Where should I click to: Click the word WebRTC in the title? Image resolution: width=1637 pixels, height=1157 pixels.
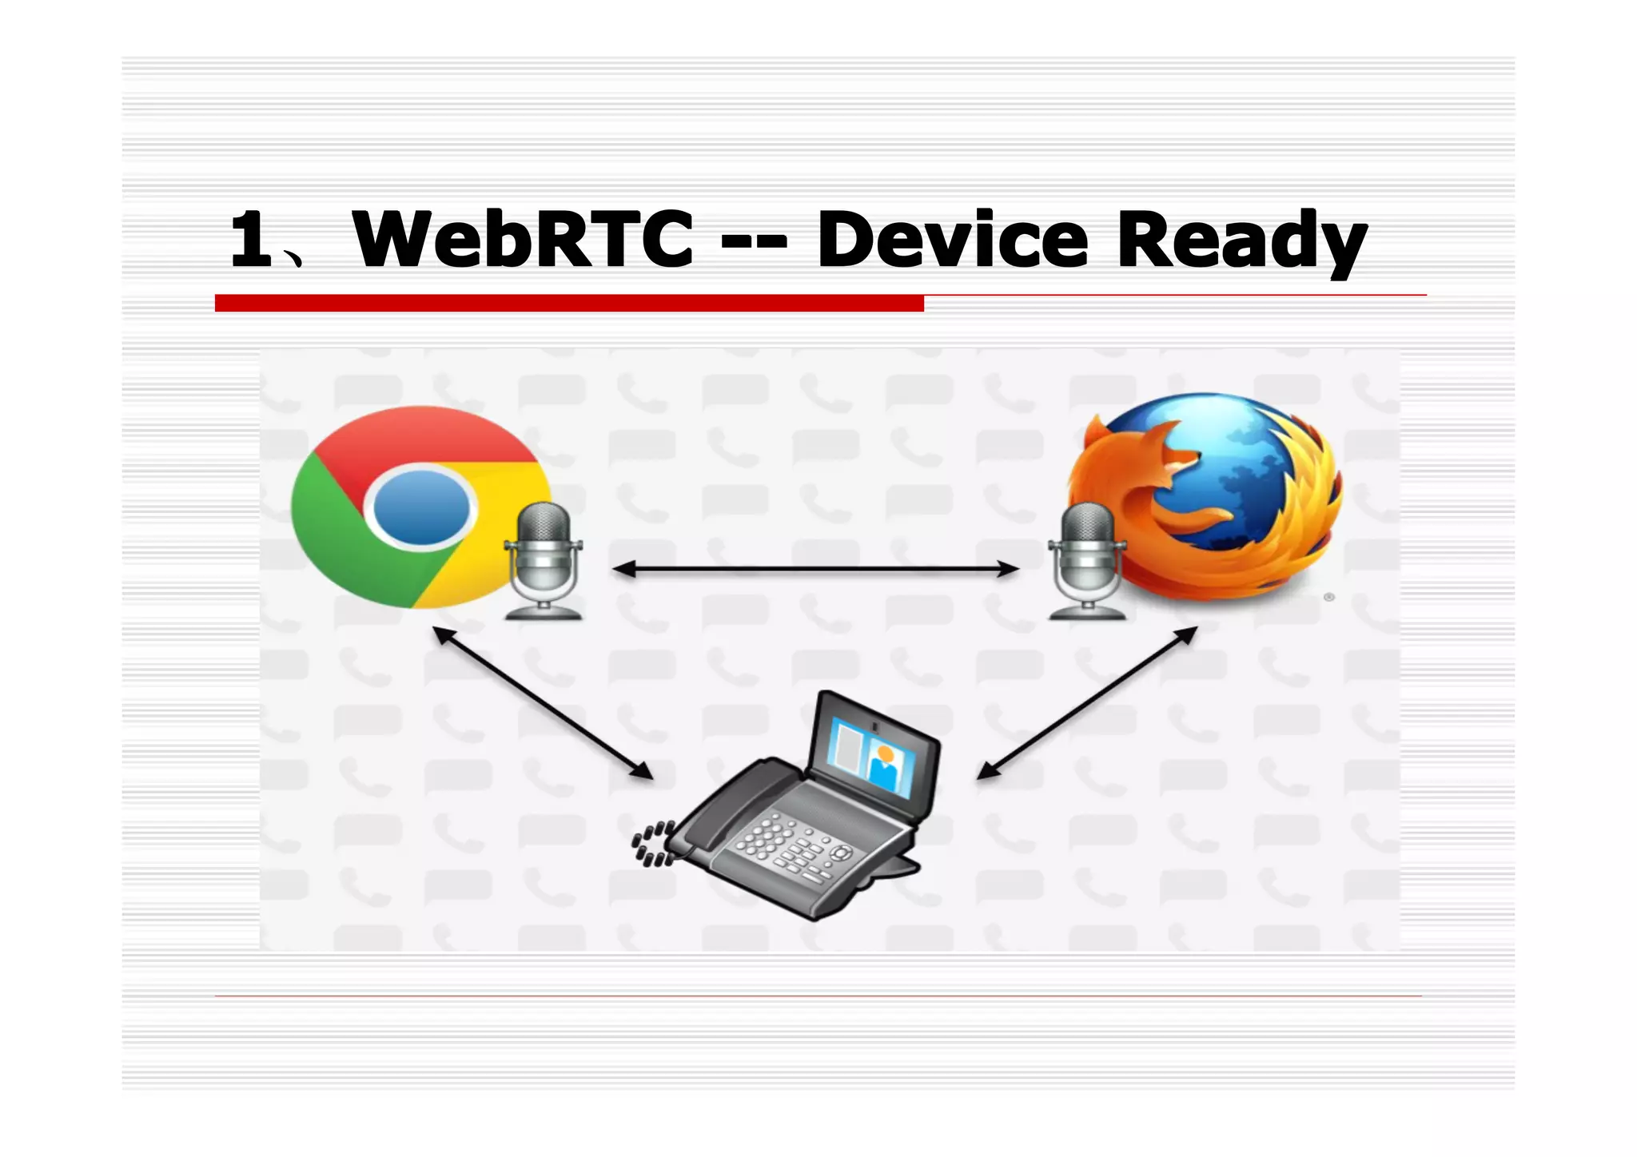(x=524, y=239)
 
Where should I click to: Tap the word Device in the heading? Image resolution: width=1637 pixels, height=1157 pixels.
(x=952, y=239)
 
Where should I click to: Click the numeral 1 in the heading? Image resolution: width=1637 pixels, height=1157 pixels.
(x=251, y=240)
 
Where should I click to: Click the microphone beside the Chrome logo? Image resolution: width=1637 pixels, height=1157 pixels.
(x=544, y=559)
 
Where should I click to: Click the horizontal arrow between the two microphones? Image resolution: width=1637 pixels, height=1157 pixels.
(x=815, y=569)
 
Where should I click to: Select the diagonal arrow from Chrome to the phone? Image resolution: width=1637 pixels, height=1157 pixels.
(x=544, y=703)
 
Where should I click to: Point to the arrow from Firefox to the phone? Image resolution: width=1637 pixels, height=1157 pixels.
(x=1087, y=703)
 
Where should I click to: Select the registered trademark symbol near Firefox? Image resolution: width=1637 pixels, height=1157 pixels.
(x=1329, y=597)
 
